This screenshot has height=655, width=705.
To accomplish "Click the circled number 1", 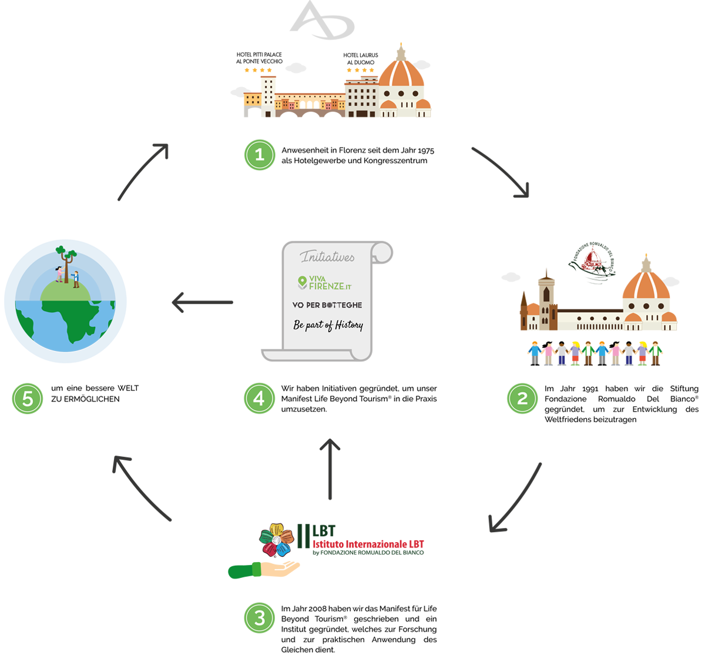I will pyautogui.click(x=259, y=155).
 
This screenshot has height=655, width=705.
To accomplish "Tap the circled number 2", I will pyautogui.click(x=522, y=399).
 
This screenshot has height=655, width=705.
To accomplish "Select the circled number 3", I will pyautogui.click(x=260, y=618).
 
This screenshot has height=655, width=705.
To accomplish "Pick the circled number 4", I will pyautogui.click(x=259, y=399).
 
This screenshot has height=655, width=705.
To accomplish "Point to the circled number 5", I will pyautogui.click(x=27, y=399).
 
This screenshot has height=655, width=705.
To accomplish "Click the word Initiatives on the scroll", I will pyautogui.click(x=327, y=257).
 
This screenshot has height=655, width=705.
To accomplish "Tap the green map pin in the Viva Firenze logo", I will pyautogui.click(x=303, y=283).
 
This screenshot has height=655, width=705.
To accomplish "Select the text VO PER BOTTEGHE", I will pyautogui.click(x=327, y=305).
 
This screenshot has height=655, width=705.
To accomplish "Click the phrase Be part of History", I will pyautogui.click(x=328, y=325).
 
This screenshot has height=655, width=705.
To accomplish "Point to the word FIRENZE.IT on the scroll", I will pyautogui.click(x=335, y=286).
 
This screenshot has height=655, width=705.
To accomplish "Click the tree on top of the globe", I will pyautogui.click(x=66, y=262).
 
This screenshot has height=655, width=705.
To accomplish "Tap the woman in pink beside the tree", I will pyautogui.click(x=59, y=274).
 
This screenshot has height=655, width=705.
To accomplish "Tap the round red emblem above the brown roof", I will pyautogui.click(x=592, y=262).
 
